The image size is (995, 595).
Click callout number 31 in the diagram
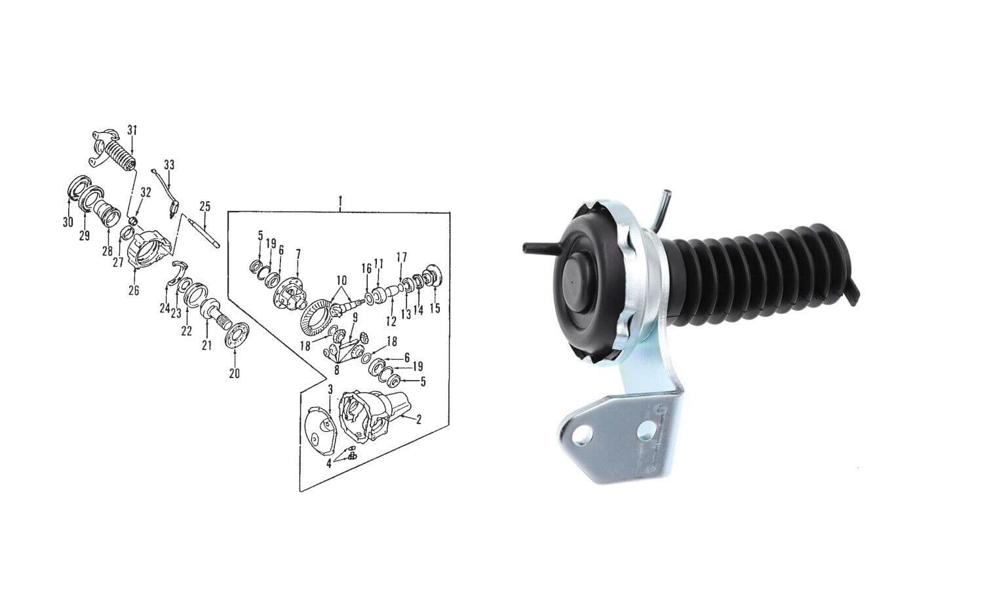click(132, 130)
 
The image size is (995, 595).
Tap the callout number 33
click(169, 164)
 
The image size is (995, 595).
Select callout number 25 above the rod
click(205, 206)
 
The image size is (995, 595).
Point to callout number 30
click(68, 222)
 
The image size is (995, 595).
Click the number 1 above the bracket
click(340, 199)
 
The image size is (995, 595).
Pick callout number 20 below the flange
click(234, 373)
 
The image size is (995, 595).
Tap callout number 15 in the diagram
click(435, 308)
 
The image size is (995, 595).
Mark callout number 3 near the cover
click(330, 389)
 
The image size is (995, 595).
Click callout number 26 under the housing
click(134, 290)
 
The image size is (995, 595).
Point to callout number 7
click(298, 253)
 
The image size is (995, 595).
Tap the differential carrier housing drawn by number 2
click(370, 413)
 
